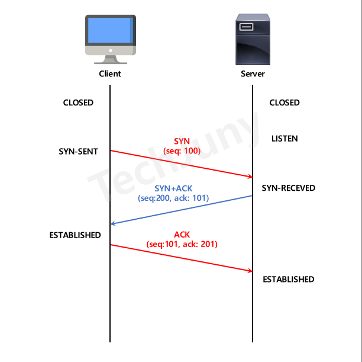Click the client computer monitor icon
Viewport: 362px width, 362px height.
[111, 39]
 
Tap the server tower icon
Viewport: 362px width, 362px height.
[253, 39]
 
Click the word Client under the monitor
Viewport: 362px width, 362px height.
[110, 74]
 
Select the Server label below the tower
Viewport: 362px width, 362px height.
[253, 74]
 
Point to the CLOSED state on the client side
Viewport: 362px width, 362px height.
[78, 102]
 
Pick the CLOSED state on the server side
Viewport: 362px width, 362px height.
[285, 102]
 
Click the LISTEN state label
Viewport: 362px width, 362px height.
[285, 139]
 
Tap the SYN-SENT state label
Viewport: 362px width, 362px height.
[78, 152]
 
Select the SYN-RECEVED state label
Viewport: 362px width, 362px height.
[288, 188]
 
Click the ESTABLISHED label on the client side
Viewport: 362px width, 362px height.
[75, 235]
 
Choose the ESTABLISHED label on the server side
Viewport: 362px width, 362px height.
[288, 280]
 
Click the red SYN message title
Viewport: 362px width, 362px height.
[182, 141]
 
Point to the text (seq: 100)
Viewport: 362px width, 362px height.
[182, 151]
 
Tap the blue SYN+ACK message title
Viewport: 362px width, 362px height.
[173, 188]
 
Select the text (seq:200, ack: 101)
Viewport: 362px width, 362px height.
[173, 198]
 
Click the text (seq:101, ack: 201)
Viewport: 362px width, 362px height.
[182, 244]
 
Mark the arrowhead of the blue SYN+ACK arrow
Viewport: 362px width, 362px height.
[111, 224]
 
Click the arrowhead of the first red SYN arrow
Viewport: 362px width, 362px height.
[252, 177]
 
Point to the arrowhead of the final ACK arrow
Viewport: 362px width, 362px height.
[252, 271]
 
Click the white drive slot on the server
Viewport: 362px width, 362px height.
[246, 27]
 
